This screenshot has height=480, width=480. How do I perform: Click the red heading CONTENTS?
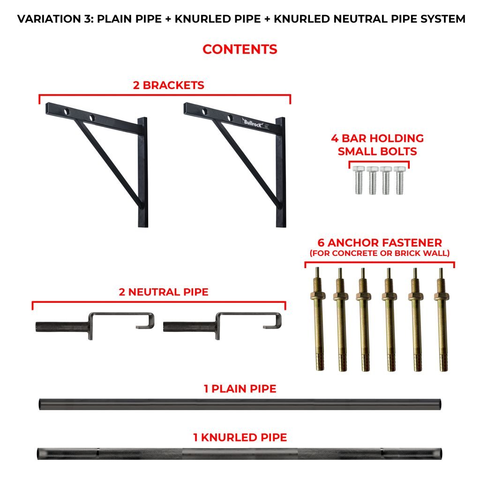coord(240,49)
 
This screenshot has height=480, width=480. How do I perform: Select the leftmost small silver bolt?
coord(359,180)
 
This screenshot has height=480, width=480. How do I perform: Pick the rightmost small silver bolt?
coord(399,180)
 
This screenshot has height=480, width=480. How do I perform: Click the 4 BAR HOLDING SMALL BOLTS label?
coord(378,145)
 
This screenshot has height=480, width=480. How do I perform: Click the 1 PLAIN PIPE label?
coord(240,389)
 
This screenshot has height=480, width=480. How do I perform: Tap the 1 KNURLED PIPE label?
coord(240,438)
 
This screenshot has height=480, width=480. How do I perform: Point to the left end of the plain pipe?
coord(41,404)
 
